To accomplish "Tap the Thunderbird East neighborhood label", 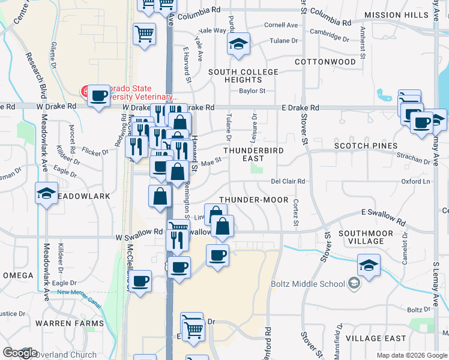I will click(x=244, y=154).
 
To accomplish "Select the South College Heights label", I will click(x=243, y=76).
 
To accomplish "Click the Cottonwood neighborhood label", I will click(x=326, y=62).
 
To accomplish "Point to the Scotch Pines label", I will click(x=366, y=146).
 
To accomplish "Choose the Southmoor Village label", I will click(x=366, y=237).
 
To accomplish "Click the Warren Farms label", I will click(x=62, y=323).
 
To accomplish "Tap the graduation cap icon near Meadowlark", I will click(x=46, y=194).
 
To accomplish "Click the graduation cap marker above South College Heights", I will click(x=239, y=44).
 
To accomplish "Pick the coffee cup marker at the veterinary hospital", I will click(x=99, y=95).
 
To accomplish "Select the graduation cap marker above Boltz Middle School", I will click(x=369, y=265).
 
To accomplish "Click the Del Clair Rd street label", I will click(x=288, y=181).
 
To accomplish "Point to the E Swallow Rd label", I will click(x=380, y=212).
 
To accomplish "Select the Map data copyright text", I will click(x=412, y=355).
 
